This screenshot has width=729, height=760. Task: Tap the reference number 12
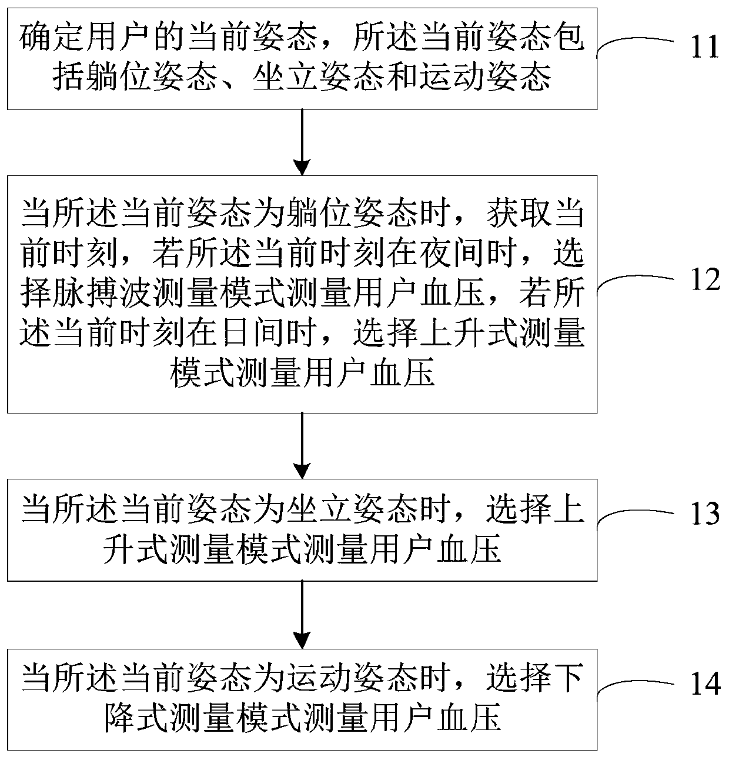coord(705,279)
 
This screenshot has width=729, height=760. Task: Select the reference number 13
coord(705,513)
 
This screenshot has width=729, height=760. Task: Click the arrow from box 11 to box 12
coord(302,142)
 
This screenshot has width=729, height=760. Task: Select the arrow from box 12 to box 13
coord(302,446)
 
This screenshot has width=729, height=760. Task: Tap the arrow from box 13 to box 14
coord(302,615)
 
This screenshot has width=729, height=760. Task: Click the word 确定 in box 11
coord(52,39)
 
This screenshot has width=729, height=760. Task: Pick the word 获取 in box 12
coord(519,214)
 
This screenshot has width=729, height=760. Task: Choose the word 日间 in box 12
coord(253,333)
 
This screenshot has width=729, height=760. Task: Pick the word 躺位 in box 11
coord(119,77)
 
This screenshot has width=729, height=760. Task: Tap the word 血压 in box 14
coord(469,718)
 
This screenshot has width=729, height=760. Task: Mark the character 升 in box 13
coord(119,549)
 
